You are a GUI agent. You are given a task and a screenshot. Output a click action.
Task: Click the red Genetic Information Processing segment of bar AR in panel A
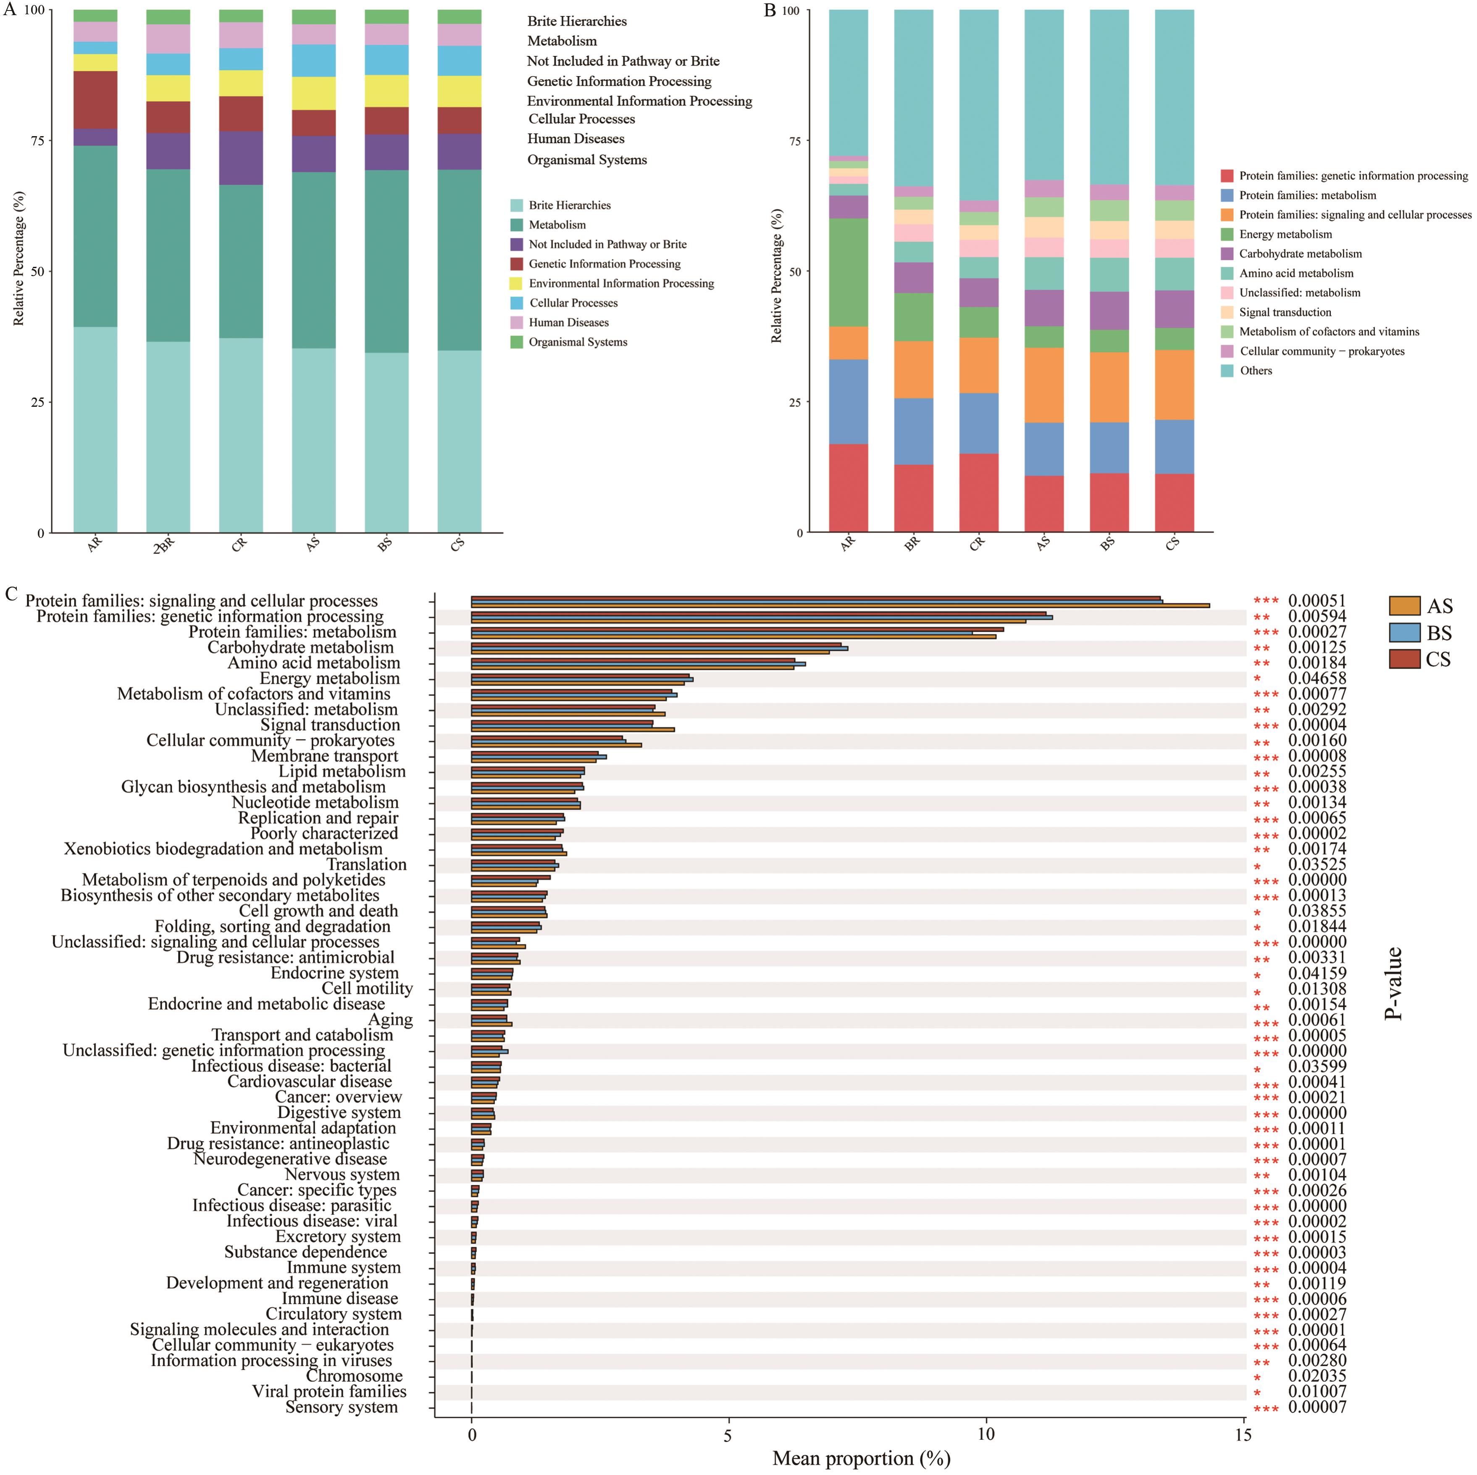95,100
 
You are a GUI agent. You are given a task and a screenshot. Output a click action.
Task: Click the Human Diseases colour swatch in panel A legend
517,323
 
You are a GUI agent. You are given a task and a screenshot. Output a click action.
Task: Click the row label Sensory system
341,1407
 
